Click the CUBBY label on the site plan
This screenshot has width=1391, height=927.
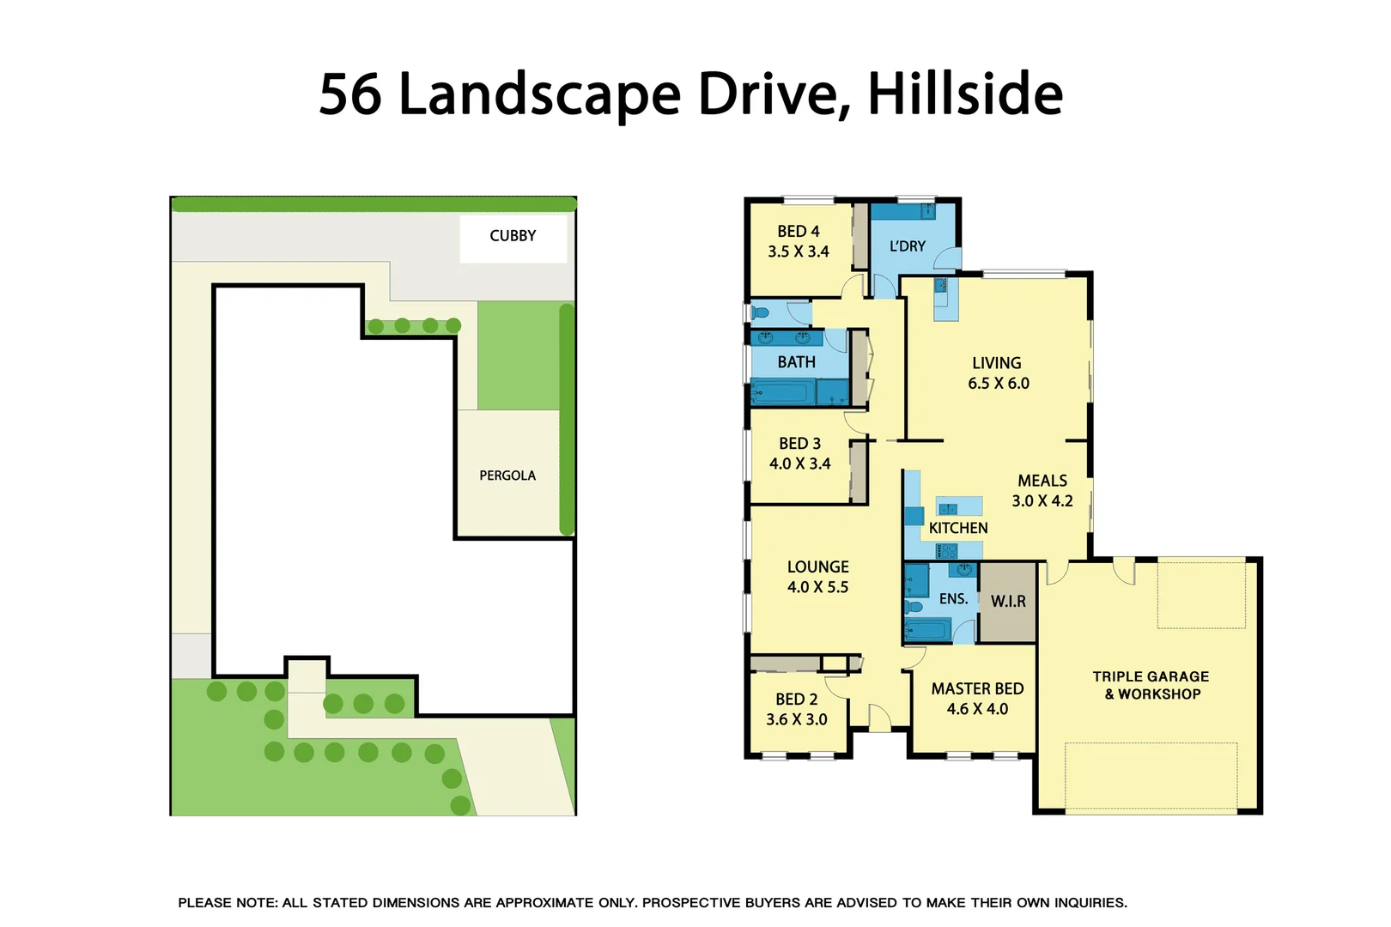click(513, 236)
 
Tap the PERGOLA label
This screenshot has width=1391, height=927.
click(507, 476)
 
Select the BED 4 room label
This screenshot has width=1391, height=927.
click(799, 232)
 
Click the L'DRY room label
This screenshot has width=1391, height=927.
click(908, 246)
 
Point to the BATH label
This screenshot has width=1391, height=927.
click(796, 362)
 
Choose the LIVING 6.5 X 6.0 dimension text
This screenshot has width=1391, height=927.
click(999, 384)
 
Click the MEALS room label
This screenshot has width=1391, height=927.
click(1042, 481)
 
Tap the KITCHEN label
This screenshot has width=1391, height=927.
click(958, 529)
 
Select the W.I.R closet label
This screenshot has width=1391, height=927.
click(1008, 602)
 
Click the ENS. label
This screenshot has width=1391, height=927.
click(953, 599)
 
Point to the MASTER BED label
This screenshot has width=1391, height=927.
click(977, 689)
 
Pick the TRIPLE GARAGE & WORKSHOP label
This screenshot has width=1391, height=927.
click(1151, 685)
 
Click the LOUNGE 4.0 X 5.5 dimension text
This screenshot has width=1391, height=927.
click(817, 588)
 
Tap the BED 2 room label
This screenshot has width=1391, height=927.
click(796, 700)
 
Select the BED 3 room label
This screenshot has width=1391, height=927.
click(799, 444)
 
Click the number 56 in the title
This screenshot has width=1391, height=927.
click(350, 94)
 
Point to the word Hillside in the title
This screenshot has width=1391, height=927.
click(965, 94)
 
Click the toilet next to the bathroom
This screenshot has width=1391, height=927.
click(760, 312)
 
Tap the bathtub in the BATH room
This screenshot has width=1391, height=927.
click(783, 394)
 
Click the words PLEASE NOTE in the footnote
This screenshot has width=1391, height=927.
click(228, 903)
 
